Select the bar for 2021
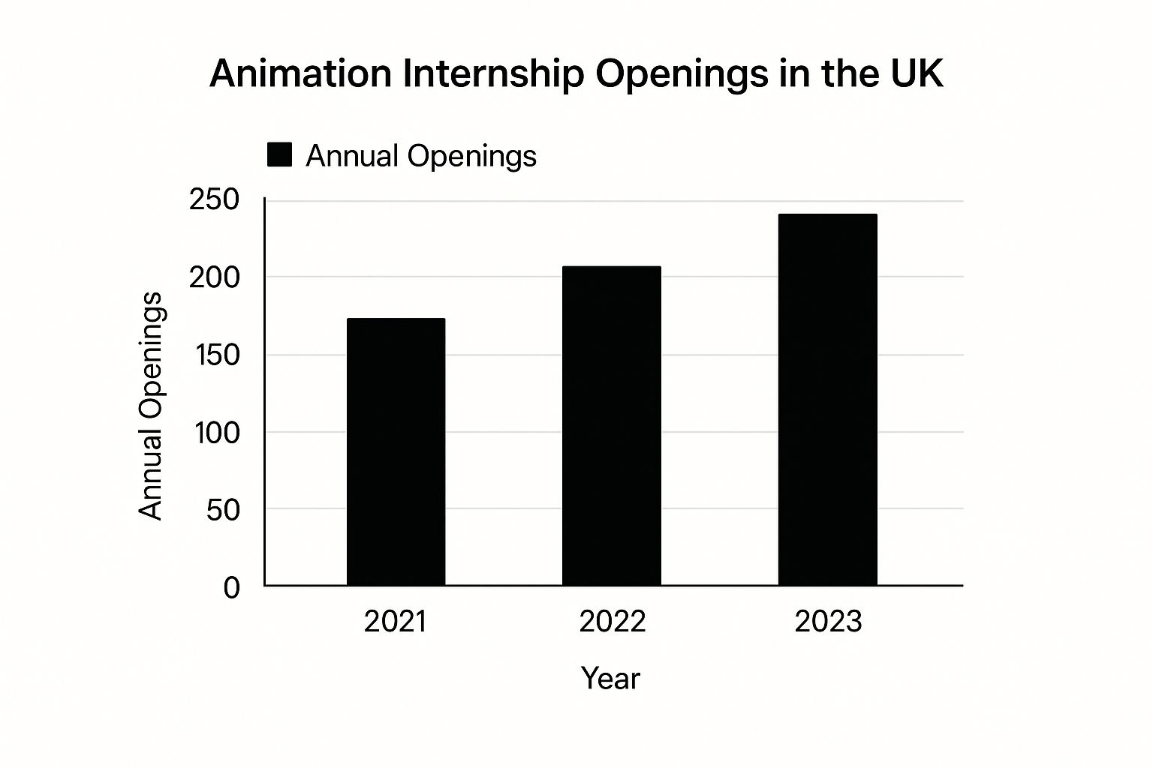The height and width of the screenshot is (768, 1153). (396, 451)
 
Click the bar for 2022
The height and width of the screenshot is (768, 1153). (612, 425)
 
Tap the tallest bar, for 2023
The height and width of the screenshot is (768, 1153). (827, 399)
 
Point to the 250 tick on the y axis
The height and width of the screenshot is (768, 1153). (214, 199)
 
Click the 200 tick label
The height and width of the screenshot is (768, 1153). (214, 277)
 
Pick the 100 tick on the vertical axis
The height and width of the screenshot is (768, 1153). (217, 433)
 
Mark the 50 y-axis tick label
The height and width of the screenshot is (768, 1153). (223, 510)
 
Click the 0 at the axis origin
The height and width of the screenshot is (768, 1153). (232, 587)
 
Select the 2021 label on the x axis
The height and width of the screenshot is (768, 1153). (396, 622)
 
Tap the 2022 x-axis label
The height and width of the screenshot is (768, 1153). (612, 622)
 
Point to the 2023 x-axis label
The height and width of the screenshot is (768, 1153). (828, 622)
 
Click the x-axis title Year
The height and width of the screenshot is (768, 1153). (610, 679)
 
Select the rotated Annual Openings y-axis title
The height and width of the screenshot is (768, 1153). (151, 406)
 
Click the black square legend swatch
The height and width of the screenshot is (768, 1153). (280, 155)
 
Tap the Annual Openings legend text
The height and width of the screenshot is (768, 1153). (421, 156)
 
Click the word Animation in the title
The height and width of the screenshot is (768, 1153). (300, 73)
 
